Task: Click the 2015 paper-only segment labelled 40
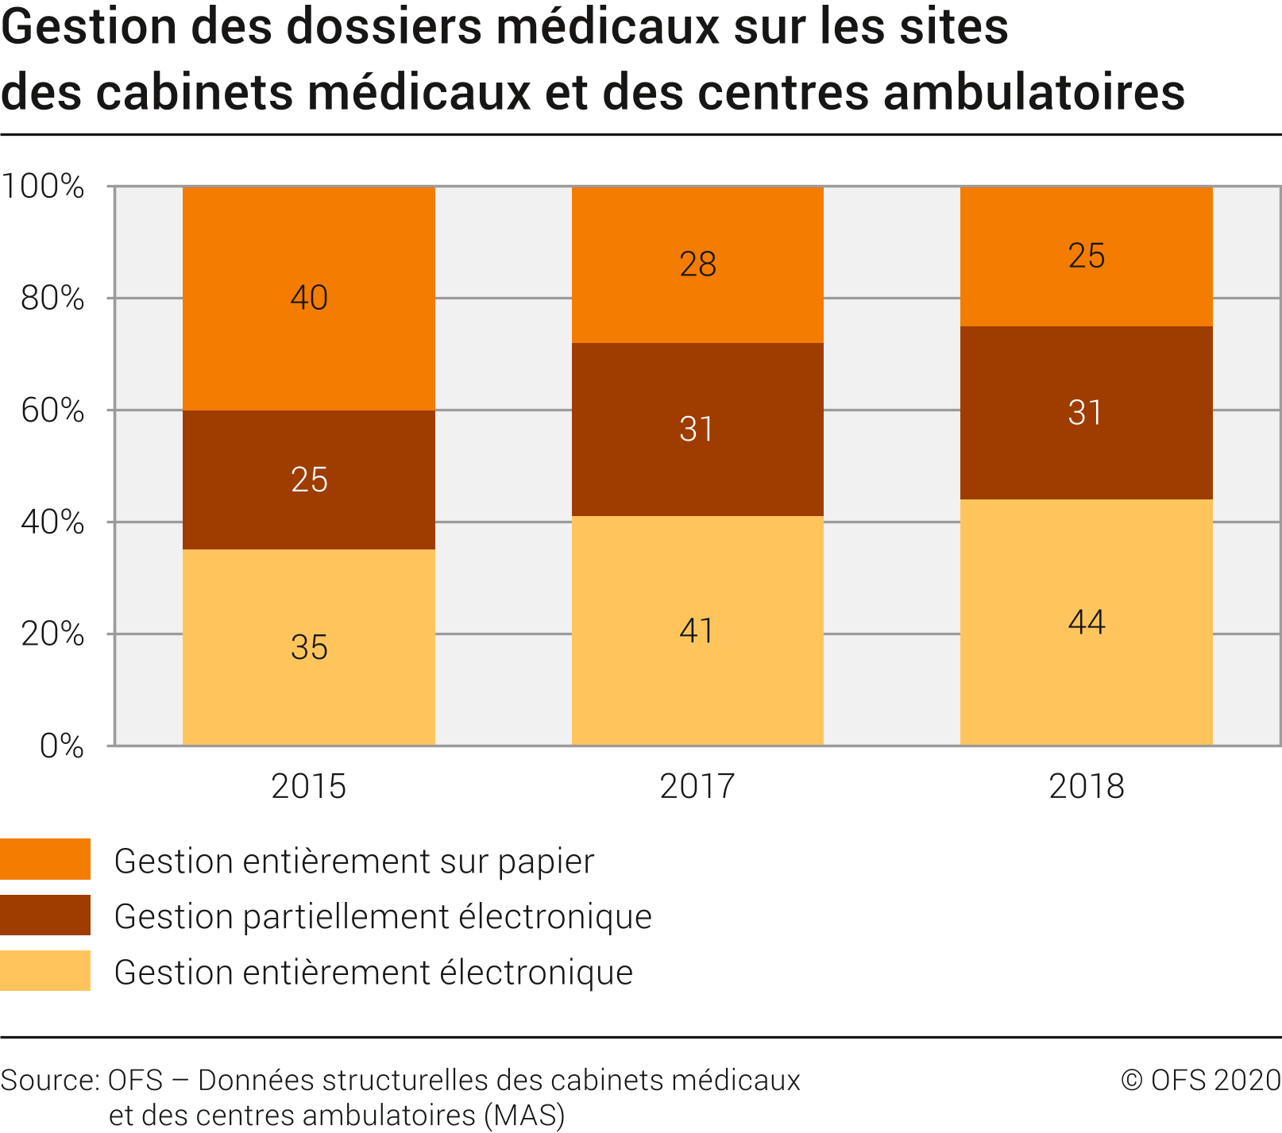(x=308, y=299)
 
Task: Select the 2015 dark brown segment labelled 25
(x=308, y=480)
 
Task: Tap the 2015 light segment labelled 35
(x=308, y=647)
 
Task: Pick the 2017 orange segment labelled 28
(x=697, y=264)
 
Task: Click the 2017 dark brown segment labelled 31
(x=697, y=430)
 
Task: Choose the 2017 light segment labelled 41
(x=697, y=631)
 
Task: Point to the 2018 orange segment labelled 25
(x=1086, y=256)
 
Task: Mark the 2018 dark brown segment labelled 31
(x=1086, y=413)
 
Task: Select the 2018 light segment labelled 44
(x=1086, y=622)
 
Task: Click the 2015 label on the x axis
(x=308, y=786)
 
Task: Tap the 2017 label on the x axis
(x=697, y=786)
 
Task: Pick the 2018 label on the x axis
(x=1086, y=786)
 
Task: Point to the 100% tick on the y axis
(x=43, y=187)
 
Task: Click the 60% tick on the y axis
(x=52, y=410)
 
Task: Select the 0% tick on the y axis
(x=62, y=746)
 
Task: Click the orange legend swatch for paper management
(x=45, y=859)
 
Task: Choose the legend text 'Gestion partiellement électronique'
(x=383, y=916)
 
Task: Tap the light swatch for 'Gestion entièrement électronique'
(x=45, y=970)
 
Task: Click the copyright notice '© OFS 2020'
(x=1200, y=1080)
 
